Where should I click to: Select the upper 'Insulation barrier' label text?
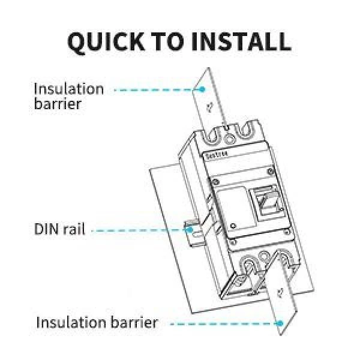[x=68, y=96]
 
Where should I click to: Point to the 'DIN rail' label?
[x=59, y=230]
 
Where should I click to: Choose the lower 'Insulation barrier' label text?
[x=97, y=322]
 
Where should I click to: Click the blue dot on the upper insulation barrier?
[x=203, y=89]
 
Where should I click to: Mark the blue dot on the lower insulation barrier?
[x=280, y=323]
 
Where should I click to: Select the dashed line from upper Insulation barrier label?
[x=156, y=89]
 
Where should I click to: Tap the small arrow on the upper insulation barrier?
[x=209, y=107]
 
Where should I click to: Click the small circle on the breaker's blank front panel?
[x=232, y=226]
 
